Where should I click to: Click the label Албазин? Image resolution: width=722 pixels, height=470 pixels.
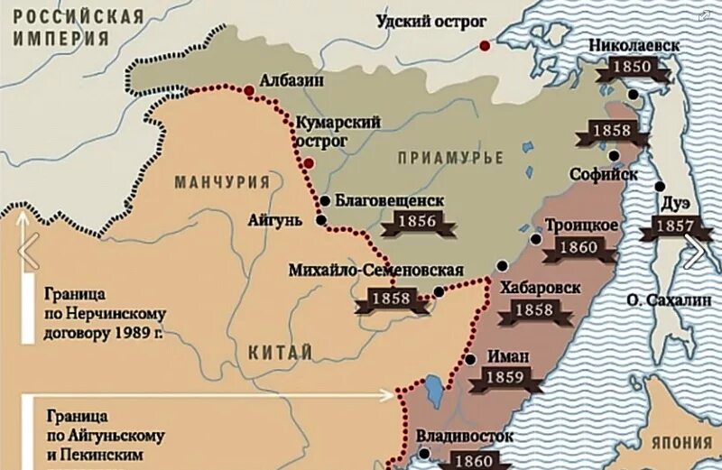(x=292, y=79)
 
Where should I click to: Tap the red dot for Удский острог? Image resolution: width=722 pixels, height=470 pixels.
(x=486, y=45)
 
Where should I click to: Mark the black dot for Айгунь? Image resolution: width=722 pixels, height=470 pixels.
(x=320, y=219)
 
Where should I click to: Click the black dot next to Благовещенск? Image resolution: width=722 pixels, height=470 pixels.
(x=325, y=200)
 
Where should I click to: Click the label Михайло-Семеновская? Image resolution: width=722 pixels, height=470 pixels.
(x=376, y=270)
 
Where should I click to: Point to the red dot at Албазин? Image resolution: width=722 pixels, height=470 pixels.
(x=248, y=88)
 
